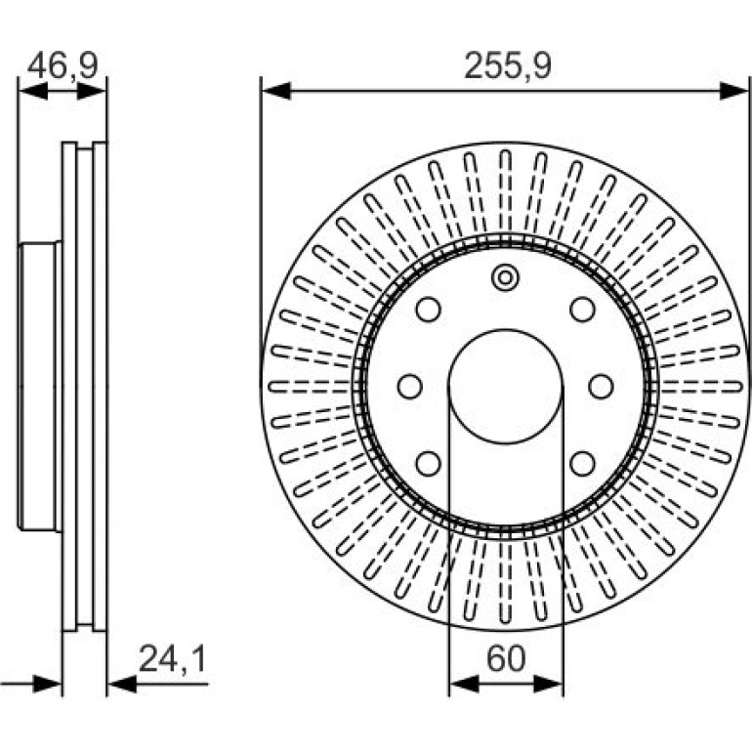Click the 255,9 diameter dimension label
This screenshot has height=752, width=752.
(x=508, y=65)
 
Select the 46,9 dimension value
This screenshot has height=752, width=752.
(x=63, y=65)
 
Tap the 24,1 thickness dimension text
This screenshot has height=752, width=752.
(x=173, y=659)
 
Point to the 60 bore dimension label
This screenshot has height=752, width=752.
(x=506, y=658)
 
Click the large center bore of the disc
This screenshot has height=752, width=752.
(x=506, y=386)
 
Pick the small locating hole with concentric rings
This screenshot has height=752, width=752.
(x=506, y=277)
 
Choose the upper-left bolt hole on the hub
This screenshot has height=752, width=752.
(x=429, y=310)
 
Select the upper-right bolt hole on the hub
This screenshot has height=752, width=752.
(x=583, y=310)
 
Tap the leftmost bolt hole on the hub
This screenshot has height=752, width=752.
(x=410, y=386)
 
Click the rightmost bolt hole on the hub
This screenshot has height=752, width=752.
(x=601, y=386)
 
